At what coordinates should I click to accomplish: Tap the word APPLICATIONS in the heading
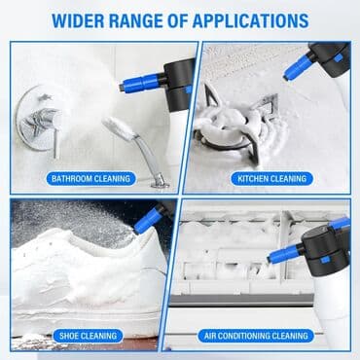tap(250, 20)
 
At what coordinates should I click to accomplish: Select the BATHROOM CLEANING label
tap(90, 179)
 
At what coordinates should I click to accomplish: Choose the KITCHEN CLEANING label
tap(271, 179)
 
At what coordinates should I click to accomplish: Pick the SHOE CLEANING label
tap(89, 336)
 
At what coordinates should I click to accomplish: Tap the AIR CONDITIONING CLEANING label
tap(256, 336)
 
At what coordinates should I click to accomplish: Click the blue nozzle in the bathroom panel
tap(140, 84)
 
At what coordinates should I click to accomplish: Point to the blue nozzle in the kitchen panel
tap(298, 69)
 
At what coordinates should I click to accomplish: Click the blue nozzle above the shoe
tap(148, 221)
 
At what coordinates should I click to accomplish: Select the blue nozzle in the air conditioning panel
tap(283, 254)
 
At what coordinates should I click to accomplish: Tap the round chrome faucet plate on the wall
tap(39, 119)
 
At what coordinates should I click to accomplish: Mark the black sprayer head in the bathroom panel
tap(179, 84)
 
